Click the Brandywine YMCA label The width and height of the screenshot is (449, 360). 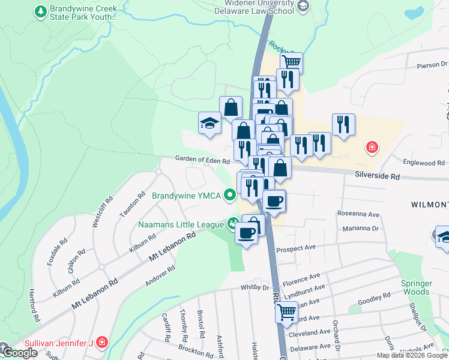(186, 196)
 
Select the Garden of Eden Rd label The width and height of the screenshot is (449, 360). (202, 161)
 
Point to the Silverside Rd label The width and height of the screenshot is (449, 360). (377, 176)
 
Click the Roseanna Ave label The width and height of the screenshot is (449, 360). (358, 214)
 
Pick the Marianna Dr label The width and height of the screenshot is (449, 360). (361, 229)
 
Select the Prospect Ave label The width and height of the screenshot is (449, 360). (295, 248)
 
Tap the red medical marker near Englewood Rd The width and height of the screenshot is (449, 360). (372, 146)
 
